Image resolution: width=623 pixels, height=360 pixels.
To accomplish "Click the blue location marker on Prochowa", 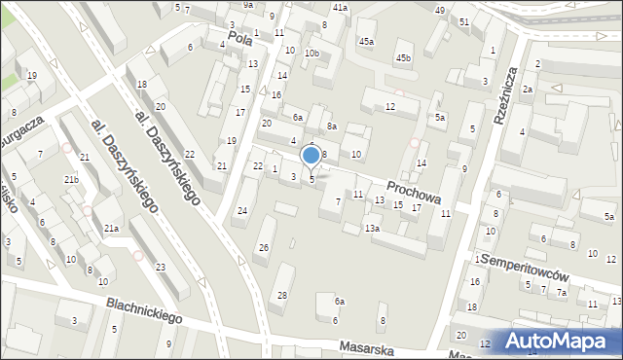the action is pyautogui.click(x=311, y=156).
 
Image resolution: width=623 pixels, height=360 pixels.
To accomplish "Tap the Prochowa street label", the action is pyautogui.click(x=414, y=191).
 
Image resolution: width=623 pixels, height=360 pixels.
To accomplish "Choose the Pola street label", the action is pyautogui.click(x=239, y=38).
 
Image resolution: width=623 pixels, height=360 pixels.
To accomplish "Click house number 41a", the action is pyautogui.click(x=339, y=7).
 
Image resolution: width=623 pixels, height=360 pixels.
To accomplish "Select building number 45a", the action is pyautogui.click(x=366, y=42).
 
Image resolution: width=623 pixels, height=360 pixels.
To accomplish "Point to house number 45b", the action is pyautogui.click(x=403, y=59).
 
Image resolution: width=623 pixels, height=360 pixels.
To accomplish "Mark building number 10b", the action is pyautogui.click(x=311, y=54).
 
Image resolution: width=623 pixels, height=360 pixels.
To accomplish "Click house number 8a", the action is pyautogui.click(x=331, y=126).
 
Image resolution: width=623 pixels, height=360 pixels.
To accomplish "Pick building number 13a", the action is pyautogui.click(x=371, y=228).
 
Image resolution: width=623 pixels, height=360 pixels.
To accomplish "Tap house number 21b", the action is pyautogui.click(x=71, y=180).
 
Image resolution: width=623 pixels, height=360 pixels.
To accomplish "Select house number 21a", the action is pyautogui.click(x=111, y=228).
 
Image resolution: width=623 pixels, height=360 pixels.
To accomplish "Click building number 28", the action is pyautogui.click(x=282, y=295).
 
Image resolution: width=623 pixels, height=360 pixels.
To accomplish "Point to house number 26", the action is pyautogui.click(x=263, y=248).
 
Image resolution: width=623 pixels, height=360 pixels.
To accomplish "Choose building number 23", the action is pyautogui.click(x=160, y=267).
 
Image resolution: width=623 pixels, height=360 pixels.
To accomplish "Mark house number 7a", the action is pyautogui.click(x=561, y=292).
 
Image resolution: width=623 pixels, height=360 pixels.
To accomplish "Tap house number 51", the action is pyautogui.click(x=464, y=21).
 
